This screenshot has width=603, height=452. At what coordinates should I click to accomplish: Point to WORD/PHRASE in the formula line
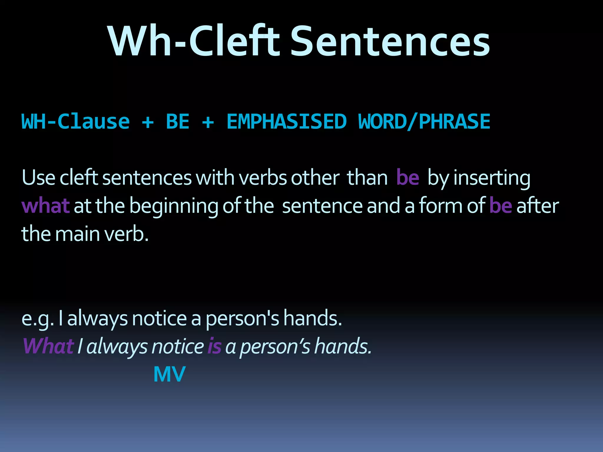click(424, 122)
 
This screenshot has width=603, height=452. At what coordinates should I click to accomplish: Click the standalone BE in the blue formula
click(178, 122)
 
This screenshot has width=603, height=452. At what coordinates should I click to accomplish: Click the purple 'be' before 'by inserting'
click(407, 178)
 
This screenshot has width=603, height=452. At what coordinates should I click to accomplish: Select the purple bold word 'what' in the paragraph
click(46, 206)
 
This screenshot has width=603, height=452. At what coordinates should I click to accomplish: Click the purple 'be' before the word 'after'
click(500, 206)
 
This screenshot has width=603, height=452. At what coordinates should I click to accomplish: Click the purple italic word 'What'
click(48, 346)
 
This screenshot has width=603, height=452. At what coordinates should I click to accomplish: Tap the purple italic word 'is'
click(214, 346)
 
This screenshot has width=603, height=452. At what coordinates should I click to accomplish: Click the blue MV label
click(169, 374)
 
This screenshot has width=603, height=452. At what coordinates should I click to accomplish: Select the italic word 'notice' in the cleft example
click(178, 346)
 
